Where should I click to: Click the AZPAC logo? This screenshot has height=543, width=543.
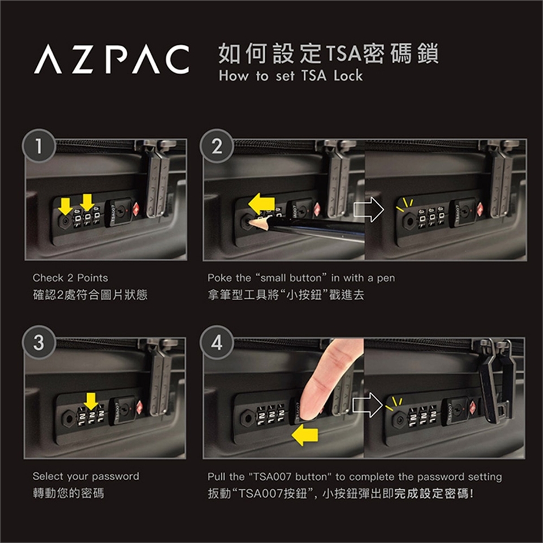point(112,59)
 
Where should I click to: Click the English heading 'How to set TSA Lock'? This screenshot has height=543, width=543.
point(291,75)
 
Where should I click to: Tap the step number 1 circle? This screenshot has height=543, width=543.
point(39,146)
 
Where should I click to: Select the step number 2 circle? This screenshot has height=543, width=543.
point(217,146)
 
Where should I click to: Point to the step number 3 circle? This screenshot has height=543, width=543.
point(39,342)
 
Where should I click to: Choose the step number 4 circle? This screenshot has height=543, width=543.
point(217,342)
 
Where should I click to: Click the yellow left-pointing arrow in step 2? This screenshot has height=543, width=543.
point(261,203)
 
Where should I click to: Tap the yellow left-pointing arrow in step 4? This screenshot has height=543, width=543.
point(305,436)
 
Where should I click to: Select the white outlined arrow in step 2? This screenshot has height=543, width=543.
point(368,209)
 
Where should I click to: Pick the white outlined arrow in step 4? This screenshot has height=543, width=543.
point(368,405)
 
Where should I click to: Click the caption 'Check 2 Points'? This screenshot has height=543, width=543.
point(70,278)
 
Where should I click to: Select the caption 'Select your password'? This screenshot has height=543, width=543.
point(86,476)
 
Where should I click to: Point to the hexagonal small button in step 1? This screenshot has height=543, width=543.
point(64,220)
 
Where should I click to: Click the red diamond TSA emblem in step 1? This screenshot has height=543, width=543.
point(136,209)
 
